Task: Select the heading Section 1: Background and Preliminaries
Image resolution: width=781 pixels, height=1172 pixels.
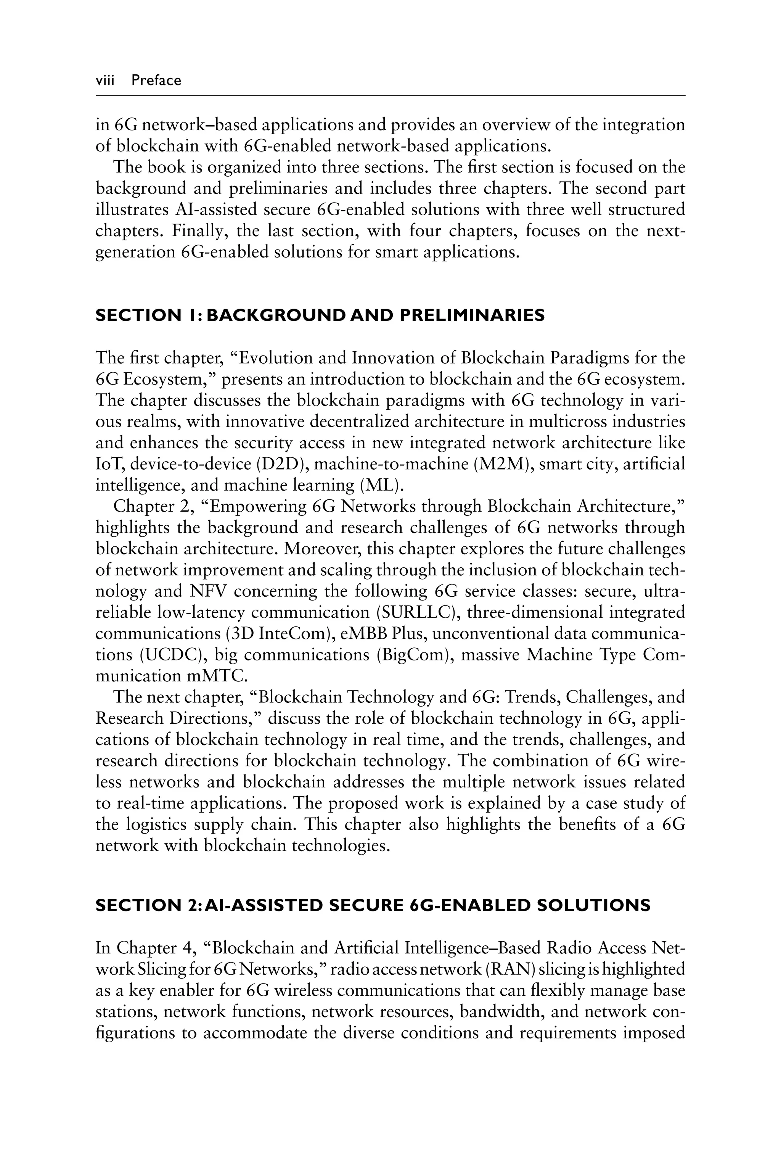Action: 320,316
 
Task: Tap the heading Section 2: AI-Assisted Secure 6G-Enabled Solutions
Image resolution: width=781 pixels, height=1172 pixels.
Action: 373,905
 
